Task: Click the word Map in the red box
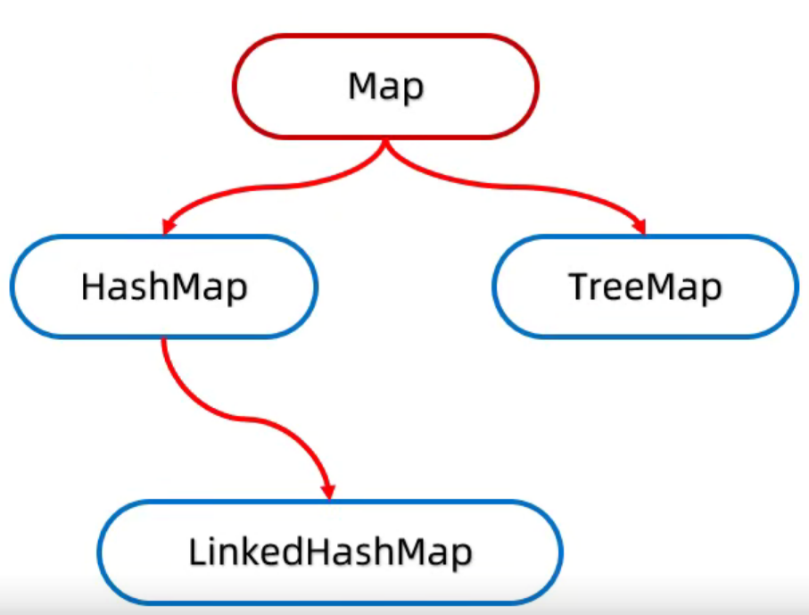pos(385,87)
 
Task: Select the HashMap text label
pos(164,287)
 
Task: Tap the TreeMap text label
pos(645,287)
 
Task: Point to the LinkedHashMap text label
pos(329,553)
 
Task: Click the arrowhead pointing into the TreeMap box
pos(639,227)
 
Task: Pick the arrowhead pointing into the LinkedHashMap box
pos(328,491)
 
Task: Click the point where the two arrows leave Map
pos(385,143)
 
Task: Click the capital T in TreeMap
pos(577,287)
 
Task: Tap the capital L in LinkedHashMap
pos(195,553)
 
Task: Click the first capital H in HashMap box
pos(91,287)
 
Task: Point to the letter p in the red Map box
pos(413,89)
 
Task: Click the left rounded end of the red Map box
pos(236,87)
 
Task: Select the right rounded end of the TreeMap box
pos(795,287)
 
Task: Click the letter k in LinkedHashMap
pos(249,553)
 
